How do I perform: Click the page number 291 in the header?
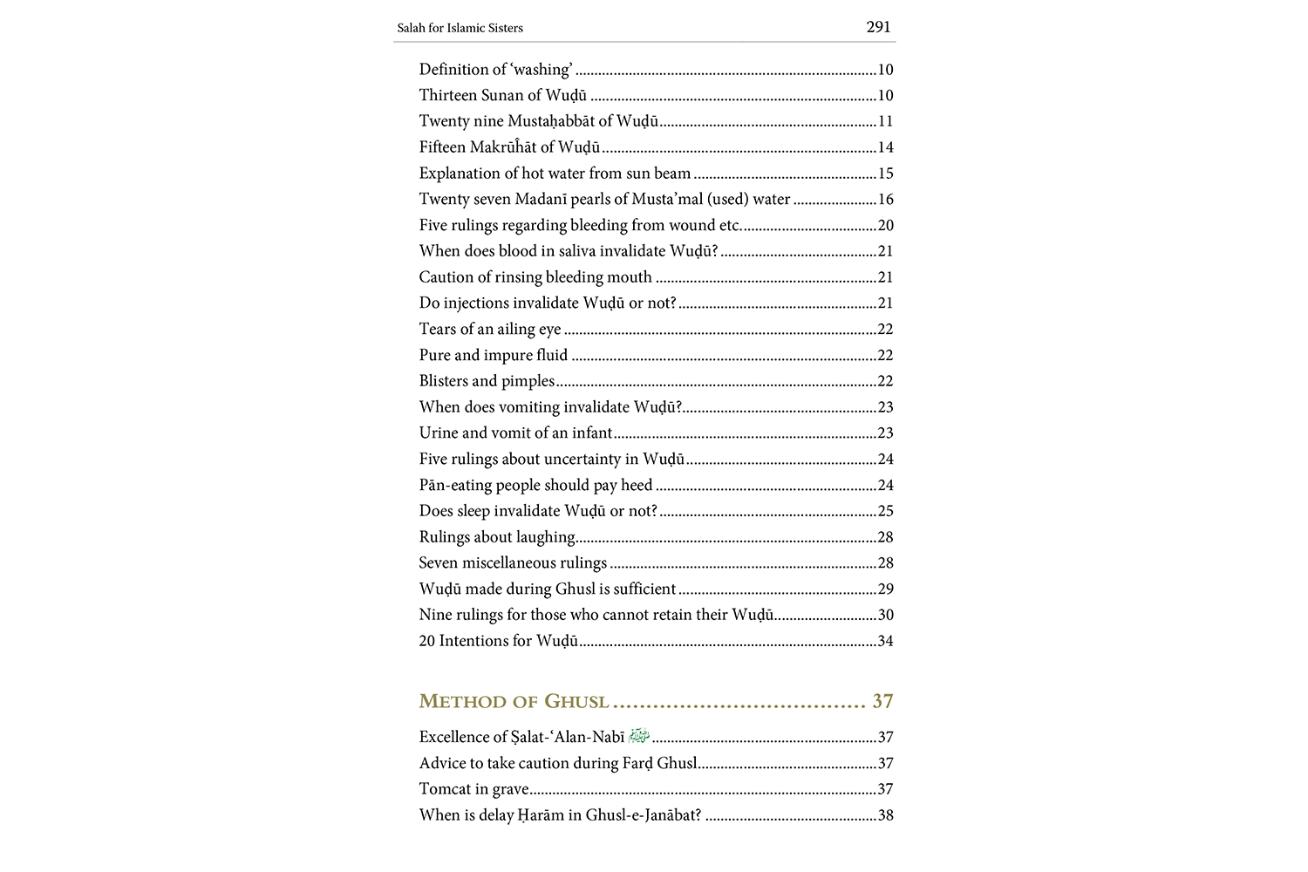[878, 27]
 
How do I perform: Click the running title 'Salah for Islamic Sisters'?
[460, 28]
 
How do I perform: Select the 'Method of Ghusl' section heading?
[514, 701]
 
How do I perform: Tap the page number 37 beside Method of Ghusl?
[882, 701]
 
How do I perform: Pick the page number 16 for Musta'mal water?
[885, 200]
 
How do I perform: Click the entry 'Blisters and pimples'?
[487, 381]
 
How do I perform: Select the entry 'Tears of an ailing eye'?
[489, 329]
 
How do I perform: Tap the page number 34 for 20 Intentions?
[885, 641]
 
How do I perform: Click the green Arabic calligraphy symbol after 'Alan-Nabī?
[639, 736]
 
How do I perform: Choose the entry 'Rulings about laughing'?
[497, 537]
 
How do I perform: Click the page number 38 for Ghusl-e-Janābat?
[885, 815]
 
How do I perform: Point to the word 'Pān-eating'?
[455, 485]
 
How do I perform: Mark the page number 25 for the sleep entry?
[885, 511]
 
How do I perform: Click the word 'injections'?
[476, 303]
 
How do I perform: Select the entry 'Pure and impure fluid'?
[493, 355]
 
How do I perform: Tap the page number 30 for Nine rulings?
[885, 615]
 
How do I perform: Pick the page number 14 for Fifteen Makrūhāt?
[885, 147]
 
